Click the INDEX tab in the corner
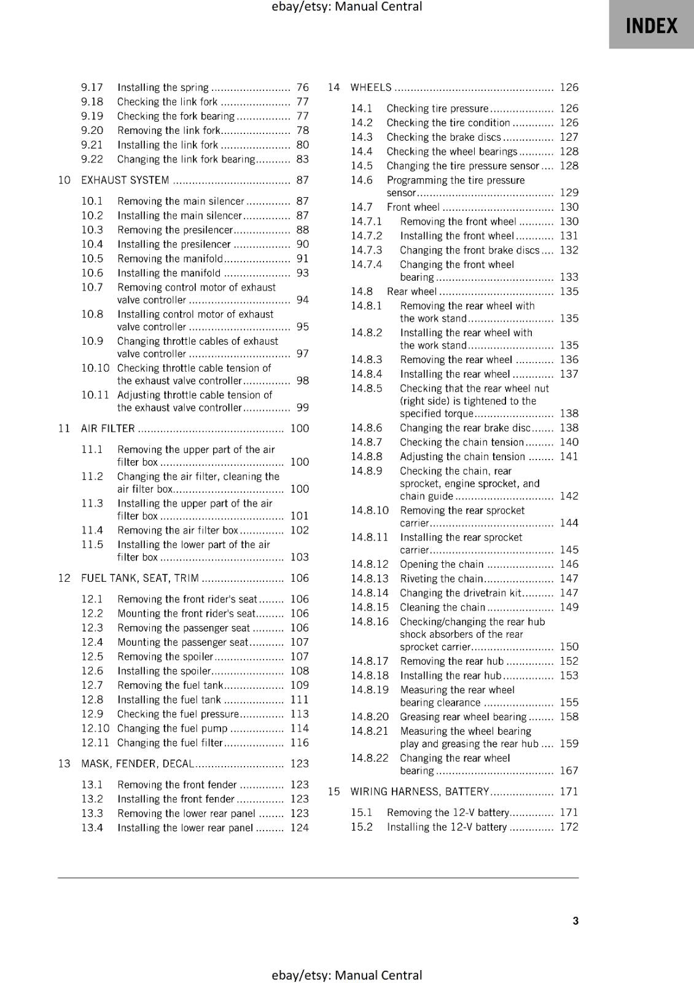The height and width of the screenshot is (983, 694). [x=651, y=26]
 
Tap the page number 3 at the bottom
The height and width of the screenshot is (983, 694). [x=575, y=920]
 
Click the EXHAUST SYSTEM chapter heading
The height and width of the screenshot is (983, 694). [x=125, y=180]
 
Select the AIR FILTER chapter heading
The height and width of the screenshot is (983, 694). [x=107, y=428]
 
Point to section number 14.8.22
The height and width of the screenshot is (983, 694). [x=370, y=758]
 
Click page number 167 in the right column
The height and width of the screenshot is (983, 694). [x=569, y=770]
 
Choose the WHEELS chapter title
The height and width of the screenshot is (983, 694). [x=370, y=87]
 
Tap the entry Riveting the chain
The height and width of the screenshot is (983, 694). [x=442, y=578]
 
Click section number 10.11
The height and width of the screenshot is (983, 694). [x=95, y=395]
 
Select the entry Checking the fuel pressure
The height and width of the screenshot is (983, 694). [x=177, y=714]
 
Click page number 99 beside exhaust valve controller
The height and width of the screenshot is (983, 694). [x=302, y=407]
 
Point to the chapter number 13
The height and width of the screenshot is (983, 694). [x=64, y=764]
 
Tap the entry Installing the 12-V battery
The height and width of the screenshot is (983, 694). [x=446, y=827]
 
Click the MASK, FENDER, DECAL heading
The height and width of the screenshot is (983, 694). [x=138, y=764]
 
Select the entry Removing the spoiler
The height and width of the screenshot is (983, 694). [x=165, y=656]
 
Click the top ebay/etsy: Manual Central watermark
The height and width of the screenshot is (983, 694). [x=346, y=7]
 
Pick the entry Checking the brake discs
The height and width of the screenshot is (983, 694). [x=443, y=137]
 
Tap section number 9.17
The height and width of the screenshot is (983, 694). [x=92, y=87]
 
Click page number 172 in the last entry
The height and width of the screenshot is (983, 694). [x=569, y=827]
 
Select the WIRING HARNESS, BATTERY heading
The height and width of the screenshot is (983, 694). [x=419, y=791]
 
